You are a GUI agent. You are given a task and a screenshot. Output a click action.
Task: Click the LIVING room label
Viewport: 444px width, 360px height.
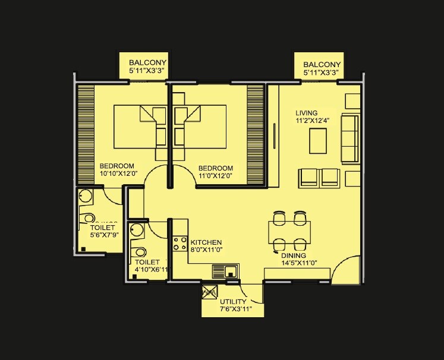307,113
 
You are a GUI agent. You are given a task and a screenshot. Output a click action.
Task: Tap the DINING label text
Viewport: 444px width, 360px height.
293,255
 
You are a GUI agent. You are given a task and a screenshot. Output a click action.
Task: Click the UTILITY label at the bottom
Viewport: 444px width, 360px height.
232,302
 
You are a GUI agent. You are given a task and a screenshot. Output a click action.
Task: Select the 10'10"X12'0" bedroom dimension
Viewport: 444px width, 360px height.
119,175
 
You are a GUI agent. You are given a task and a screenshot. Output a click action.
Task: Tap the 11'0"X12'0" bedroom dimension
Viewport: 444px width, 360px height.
215,175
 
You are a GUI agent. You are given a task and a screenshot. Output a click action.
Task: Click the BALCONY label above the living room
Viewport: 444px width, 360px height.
322,64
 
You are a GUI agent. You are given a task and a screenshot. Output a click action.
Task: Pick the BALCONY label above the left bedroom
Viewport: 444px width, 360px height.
147,62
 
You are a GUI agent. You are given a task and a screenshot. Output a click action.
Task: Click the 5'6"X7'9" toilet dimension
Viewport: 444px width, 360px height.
104,236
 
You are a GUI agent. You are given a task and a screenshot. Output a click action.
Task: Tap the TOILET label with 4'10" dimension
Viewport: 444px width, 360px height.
147,261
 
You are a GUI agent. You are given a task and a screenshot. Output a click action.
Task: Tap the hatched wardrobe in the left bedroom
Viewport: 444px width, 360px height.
86,134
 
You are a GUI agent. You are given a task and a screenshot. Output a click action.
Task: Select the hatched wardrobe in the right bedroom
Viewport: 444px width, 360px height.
256,134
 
